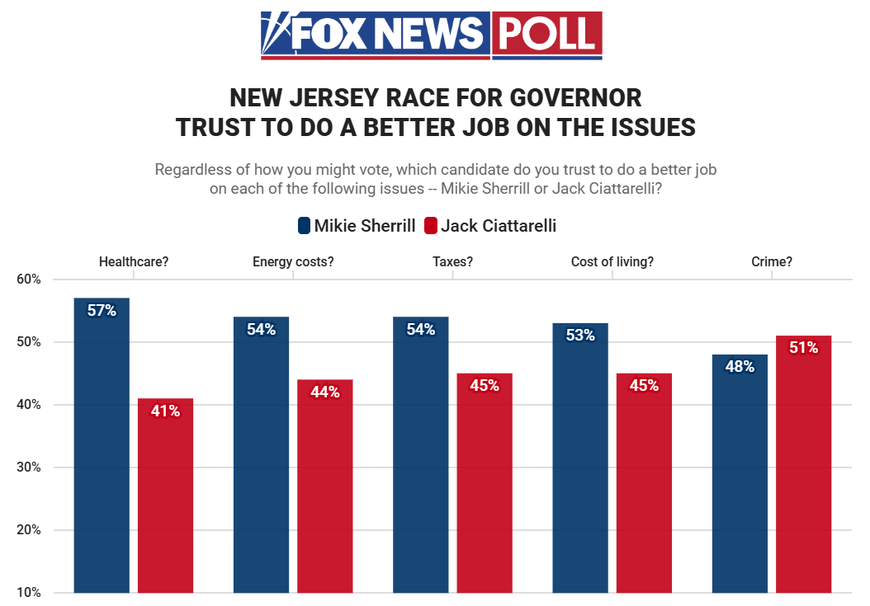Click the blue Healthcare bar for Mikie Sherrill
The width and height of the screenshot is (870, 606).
(x=102, y=445)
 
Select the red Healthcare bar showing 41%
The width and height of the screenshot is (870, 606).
(x=165, y=495)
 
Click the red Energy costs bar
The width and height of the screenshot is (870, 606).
(x=324, y=486)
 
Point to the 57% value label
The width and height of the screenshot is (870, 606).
(x=102, y=311)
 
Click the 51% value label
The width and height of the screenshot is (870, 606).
(x=803, y=348)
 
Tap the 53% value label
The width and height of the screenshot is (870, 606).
(x=580, y=336)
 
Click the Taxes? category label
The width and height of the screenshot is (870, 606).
(x=452, y=262)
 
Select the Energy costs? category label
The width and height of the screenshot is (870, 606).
(x=293, y=262)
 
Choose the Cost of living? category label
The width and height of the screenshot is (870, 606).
(x=612, y=262)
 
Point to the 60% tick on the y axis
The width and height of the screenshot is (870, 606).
(x=29, y=280)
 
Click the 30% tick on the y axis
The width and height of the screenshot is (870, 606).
(x=29, y=467)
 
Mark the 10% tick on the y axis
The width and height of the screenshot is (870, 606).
(x=29, y=593)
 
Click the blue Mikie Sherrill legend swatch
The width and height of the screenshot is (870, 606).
(x=303, y=225)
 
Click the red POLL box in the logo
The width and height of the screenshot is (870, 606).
(x=547, y=34)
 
